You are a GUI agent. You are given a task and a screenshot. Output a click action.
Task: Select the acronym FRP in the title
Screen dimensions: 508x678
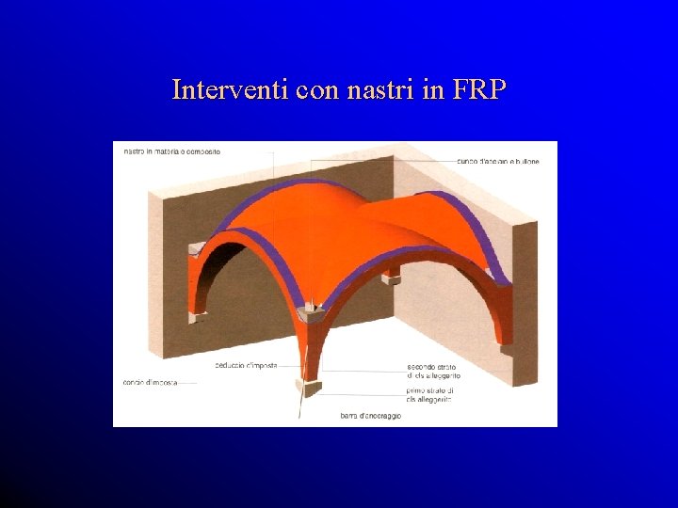478,89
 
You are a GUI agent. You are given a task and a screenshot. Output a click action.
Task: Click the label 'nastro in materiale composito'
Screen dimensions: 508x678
171,152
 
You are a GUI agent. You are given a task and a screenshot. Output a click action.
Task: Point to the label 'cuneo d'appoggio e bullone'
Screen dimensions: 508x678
498,161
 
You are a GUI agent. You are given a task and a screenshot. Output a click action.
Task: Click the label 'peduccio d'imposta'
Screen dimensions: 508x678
246,365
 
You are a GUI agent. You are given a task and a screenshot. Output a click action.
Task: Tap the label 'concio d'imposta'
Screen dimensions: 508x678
146,382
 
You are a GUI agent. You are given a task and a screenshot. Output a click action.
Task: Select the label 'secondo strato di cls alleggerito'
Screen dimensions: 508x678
432,371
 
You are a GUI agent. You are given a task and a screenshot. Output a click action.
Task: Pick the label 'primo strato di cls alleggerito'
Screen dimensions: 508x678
429,394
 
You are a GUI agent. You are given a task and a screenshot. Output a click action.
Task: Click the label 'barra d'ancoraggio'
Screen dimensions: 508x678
370,415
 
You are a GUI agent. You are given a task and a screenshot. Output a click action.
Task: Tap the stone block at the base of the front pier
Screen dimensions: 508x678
308,386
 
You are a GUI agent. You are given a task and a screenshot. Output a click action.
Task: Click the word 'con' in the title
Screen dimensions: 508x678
315,89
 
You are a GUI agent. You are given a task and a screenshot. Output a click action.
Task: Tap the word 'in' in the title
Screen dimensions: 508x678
431,89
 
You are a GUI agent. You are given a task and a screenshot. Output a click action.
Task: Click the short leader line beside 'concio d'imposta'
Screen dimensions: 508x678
186,383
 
